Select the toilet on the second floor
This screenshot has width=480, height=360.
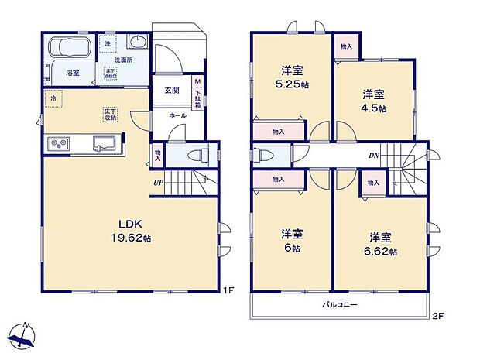pos(263,154)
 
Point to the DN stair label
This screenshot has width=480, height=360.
pos(373,156)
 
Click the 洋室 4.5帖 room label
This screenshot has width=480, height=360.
pos(374,101)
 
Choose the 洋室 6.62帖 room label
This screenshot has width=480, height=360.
pos(381,244)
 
